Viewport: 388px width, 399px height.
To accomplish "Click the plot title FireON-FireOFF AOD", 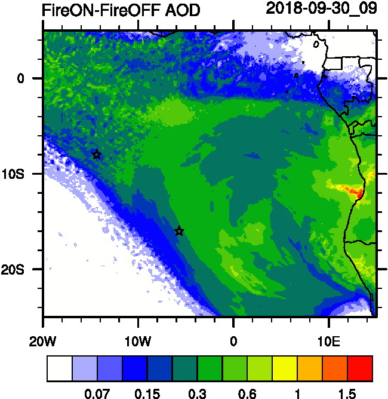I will point(121,10).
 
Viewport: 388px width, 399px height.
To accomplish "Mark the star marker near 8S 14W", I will point(97,155).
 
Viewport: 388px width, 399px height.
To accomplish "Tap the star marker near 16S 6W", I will point(179,232).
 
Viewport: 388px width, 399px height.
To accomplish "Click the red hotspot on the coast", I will point(356,193).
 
